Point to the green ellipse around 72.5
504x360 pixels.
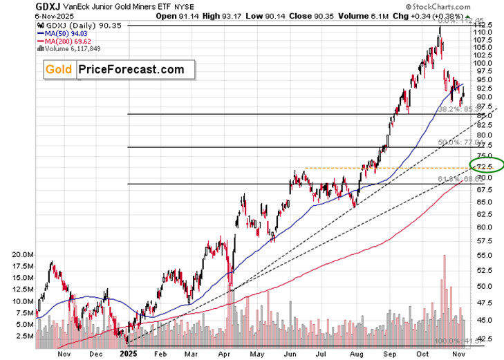(x=487, y=164)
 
